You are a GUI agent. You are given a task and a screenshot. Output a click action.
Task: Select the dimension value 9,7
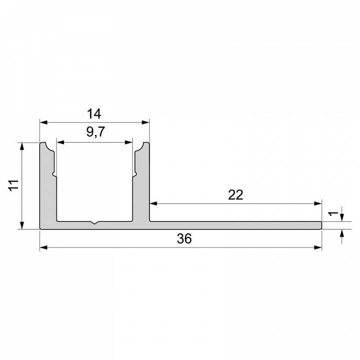coord(94,132)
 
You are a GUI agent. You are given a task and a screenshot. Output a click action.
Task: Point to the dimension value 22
coord(235,195)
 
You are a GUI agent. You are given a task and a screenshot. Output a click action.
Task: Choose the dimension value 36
coord(184,239)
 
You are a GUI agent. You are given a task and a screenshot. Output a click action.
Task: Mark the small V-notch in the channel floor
coord(94,223)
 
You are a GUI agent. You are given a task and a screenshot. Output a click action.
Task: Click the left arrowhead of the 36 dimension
coord(43,247)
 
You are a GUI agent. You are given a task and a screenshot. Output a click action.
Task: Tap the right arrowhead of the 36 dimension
coord(318,247)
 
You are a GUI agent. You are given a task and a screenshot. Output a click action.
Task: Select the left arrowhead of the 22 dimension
coord(153,203)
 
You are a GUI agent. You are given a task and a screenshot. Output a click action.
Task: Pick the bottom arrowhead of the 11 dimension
coord(21,225)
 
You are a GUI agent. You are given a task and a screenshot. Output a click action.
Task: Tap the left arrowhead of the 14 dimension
coord(43,122)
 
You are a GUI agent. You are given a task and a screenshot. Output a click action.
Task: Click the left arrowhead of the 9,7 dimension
coord(60,142)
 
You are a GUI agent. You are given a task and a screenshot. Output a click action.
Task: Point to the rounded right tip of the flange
coord(320,225)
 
